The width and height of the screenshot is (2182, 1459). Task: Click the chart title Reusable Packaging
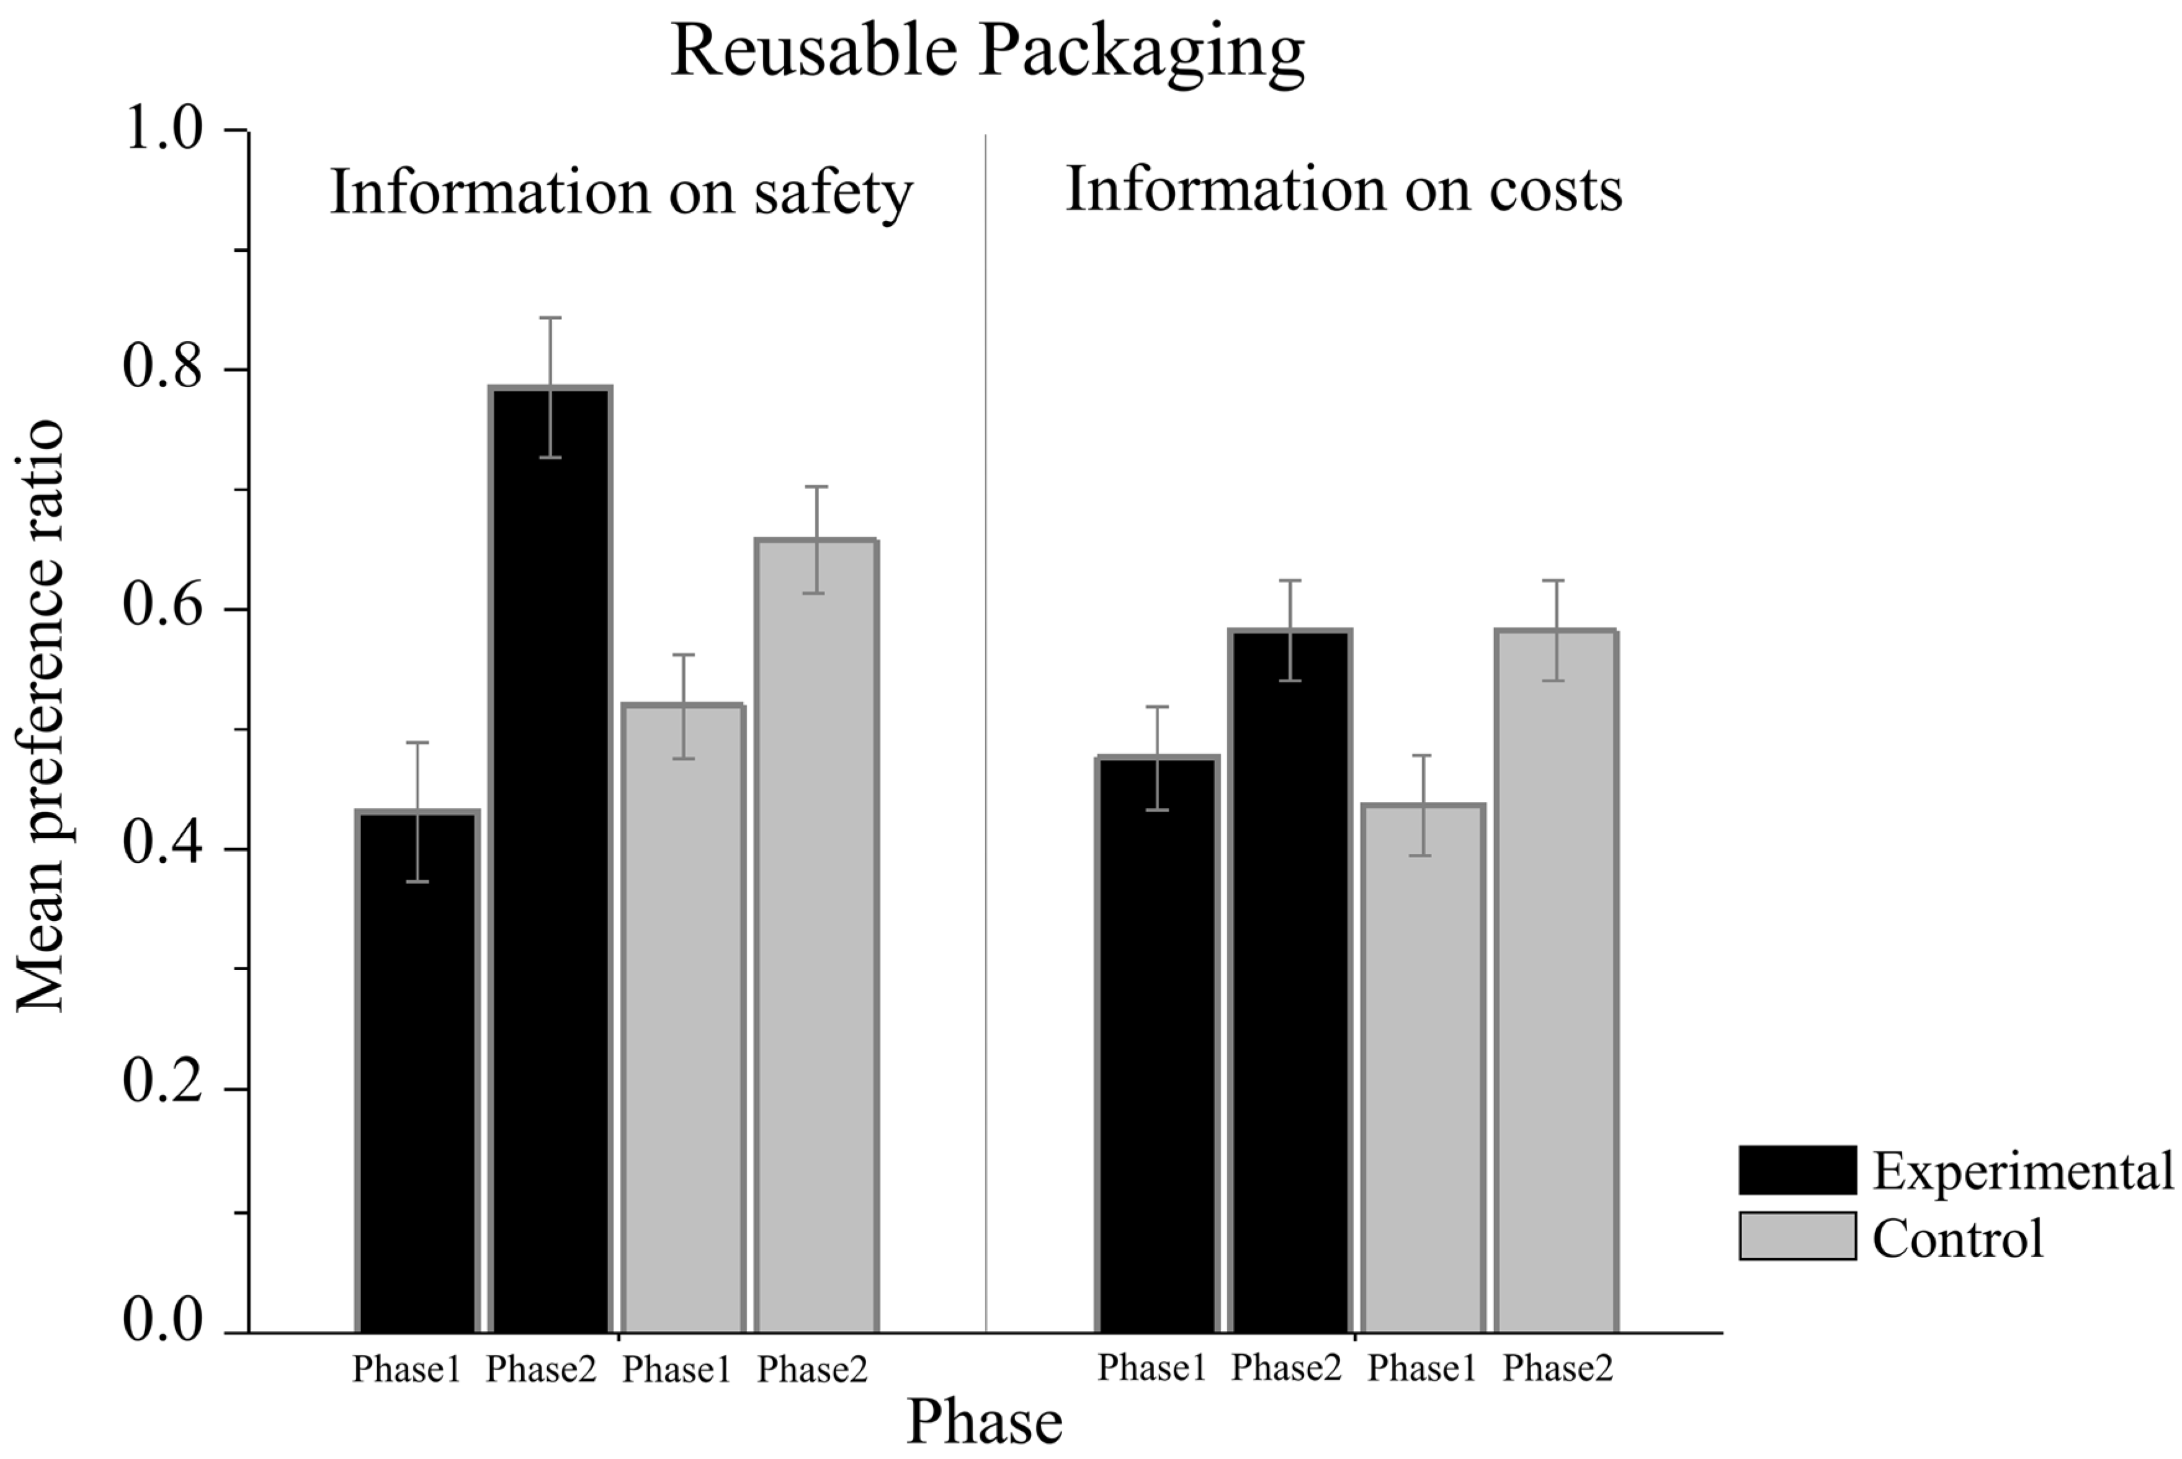pos(986,51)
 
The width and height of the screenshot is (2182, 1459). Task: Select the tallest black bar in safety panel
pos(550,856)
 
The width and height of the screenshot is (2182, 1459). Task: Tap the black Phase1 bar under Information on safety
pos(417,1070)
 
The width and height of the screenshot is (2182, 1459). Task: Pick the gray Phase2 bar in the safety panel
pos(816,930)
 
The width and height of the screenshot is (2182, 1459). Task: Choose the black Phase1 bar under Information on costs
pos(1156,1042)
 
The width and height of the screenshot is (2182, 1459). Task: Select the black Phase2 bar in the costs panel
pos(1290,977)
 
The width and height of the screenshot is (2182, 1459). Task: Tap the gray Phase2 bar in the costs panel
pos(1555,977)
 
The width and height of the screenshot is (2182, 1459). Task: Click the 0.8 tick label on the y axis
pos(163,367)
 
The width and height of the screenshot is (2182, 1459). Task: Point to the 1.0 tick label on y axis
pos(163,128)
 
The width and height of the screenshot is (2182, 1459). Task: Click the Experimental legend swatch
pos(1796,1170)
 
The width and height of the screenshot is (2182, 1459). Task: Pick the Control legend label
pos(1957,1238)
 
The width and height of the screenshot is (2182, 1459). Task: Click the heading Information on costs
pos(1343,189)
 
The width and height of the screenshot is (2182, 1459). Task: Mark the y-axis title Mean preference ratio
pos(41,716)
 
